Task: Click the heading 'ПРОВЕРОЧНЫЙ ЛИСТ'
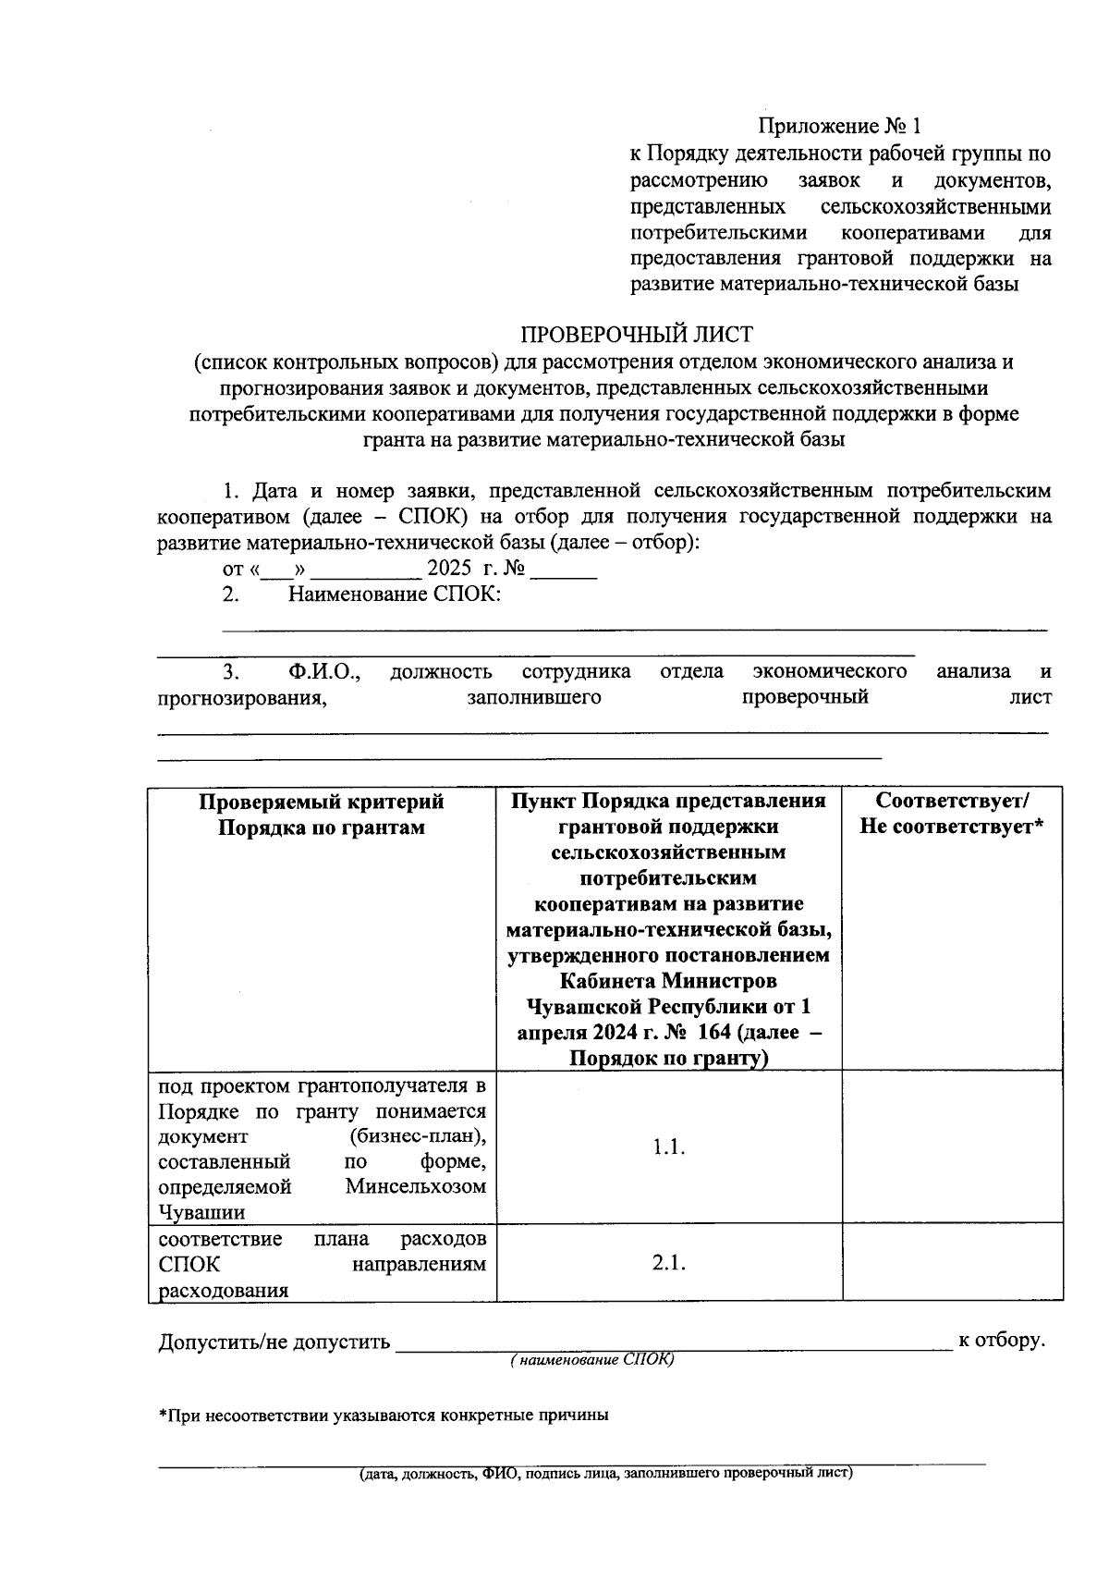(636, 334)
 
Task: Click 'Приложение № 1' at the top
(840, 126)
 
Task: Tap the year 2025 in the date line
(449, 568)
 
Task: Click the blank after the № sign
(563, 571)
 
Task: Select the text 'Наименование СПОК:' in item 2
(395, 595)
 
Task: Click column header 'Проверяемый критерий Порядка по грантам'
(322, 814)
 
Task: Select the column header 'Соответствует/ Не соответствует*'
(952, 814)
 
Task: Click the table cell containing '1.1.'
(668, 1147)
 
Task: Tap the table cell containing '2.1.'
(668, 1264)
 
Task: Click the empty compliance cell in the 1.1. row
(952, 1147)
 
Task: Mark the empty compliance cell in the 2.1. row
(952, 1264)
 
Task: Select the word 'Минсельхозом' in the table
(416, 1187)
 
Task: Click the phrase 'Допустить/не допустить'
(274, 1342)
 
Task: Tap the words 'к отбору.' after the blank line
(1002, 1340)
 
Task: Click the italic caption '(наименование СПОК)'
(592, 1360)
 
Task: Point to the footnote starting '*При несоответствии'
(384, 1416)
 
